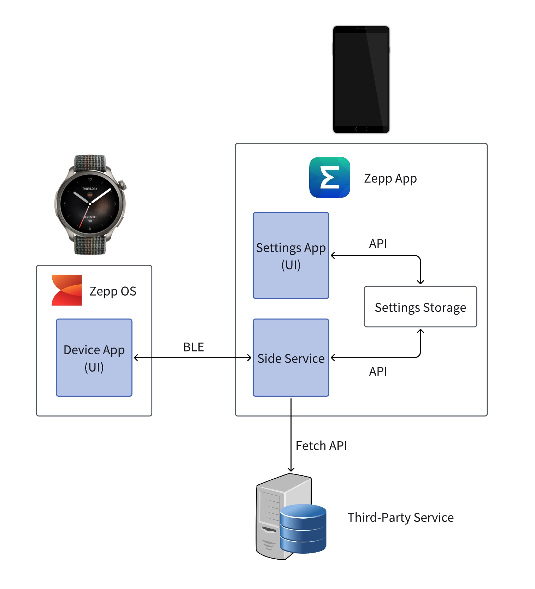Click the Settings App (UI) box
(x=290, y=255)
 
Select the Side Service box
(x=290, y=357)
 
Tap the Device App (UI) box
(x=94, y=357)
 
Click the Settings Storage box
(x=420, y=307)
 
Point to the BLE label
(x=193, y=347)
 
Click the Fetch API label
(x=321, y=445)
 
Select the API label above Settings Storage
(x=378, y=244)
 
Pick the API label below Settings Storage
(x=378, y=371)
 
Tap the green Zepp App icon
(x=329, y=177)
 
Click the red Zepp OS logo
(x=67, y=290)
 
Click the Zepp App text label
(x=390, y=178)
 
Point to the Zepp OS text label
(x=113, y=291)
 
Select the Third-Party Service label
(x=400, y=517)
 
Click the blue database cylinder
(x=303, y=529)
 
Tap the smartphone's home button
(x=361, y=129)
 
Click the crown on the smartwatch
(x=123, y=185)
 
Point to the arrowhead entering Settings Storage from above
(x=420, y=282)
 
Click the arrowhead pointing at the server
(x=291, y=470)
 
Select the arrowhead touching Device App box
(x=136, y=358)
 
